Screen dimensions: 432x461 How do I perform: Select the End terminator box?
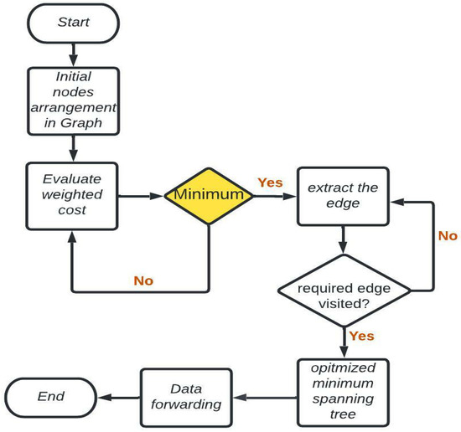[51, 395]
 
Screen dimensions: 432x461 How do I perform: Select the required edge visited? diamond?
[344, 290]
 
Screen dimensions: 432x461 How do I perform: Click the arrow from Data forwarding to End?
[118, 396]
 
